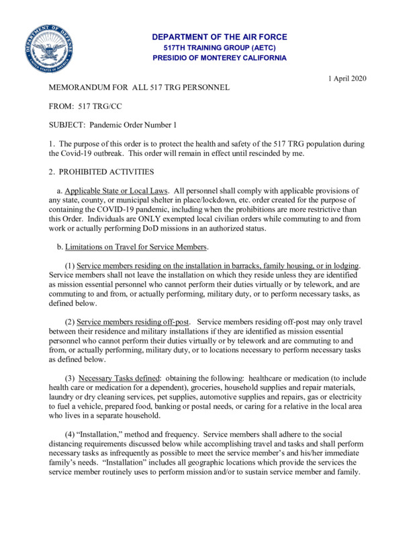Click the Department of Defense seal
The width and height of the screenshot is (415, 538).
click(49, 49)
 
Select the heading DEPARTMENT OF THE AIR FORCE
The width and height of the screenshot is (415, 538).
click(219, 37)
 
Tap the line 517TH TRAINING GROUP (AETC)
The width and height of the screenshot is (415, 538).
click(219, 48)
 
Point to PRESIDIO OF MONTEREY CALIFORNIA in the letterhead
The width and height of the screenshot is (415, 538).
click(219, 58)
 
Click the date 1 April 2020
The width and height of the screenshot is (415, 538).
click(347, 79)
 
